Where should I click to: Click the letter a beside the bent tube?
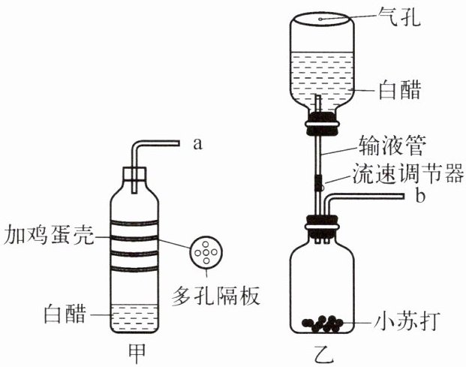pyautogui.click(x=198, y=145)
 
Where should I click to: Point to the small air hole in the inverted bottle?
pyautogui.click(x=322, y=16)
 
